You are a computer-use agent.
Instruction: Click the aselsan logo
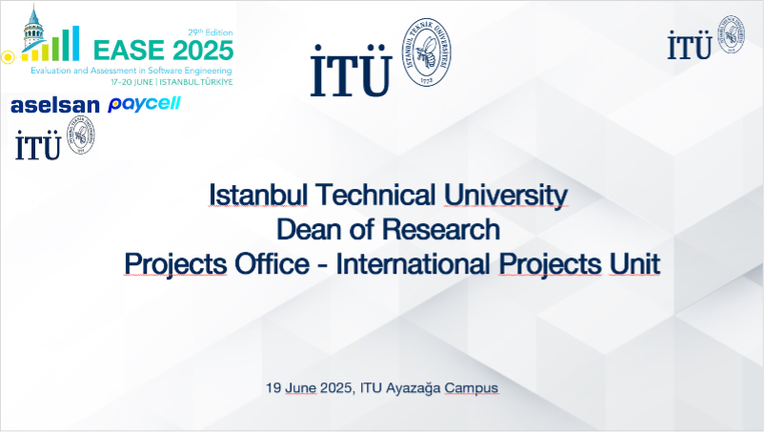coord(55,106)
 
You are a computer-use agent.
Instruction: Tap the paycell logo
coord(145,104)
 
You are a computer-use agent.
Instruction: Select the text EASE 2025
coord(164,51)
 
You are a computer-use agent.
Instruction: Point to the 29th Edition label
coord(211,32)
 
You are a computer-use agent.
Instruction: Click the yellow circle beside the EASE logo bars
coord(8,57)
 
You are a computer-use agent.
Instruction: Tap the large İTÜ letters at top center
coord(352,71)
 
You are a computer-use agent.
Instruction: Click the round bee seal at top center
coord(427,52)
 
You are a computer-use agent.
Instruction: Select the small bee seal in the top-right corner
coord(731,34)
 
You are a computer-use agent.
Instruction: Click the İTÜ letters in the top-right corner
coord(690,46)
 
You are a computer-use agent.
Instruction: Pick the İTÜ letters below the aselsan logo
coord(37,145)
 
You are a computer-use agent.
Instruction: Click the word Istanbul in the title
coord(258,195)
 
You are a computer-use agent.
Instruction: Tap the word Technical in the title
coord(375,195)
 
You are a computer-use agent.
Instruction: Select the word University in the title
coord(506,196)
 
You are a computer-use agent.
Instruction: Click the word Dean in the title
coord(310,230)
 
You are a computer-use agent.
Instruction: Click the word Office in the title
coord(272,264)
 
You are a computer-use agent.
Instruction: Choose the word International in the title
coord(413,264)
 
